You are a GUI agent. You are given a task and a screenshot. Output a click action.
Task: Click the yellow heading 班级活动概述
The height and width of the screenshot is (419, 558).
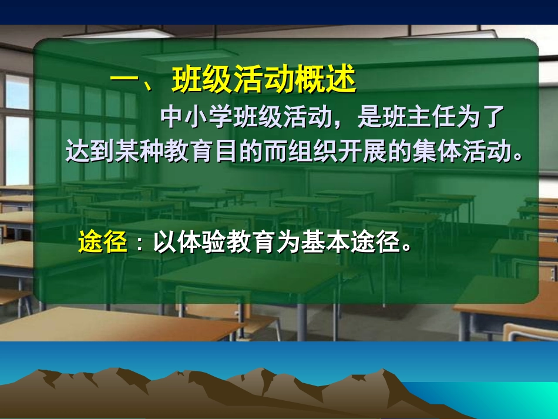264,81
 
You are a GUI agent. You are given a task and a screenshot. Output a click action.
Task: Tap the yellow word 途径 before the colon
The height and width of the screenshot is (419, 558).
103,243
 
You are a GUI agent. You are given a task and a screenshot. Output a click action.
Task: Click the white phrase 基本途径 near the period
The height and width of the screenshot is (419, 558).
351,243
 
